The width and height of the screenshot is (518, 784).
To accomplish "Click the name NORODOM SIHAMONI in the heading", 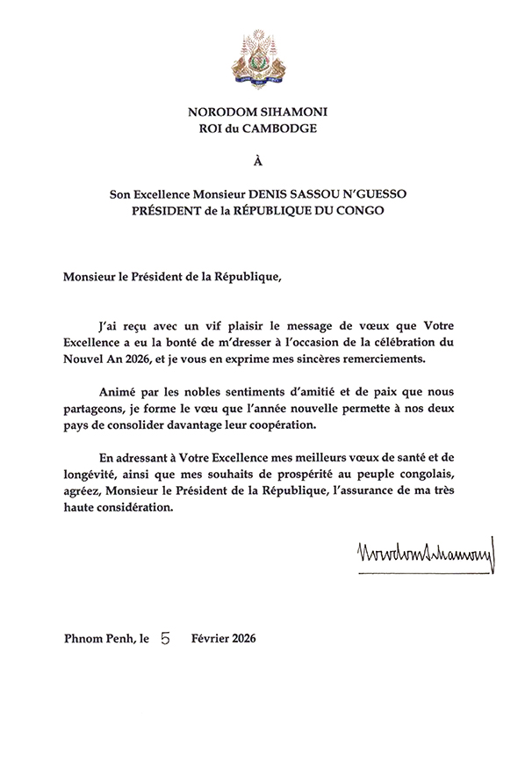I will point(258,113).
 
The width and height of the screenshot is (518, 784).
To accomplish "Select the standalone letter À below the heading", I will point(258,162).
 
